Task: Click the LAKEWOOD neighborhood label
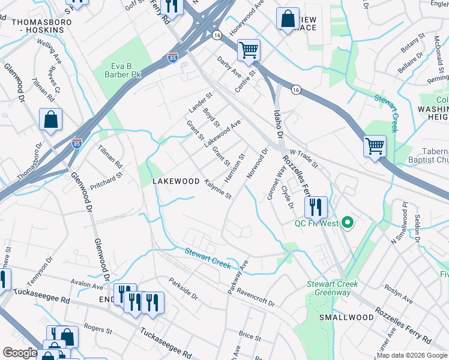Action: [x=175, y=181]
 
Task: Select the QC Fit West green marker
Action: [x=347, y=224]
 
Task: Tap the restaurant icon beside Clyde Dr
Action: [x=315, y=207]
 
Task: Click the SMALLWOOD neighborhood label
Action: [x=342, y=317]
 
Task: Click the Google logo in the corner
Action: [x=20, y=353]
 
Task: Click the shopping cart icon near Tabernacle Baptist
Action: [x=375, y=146]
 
